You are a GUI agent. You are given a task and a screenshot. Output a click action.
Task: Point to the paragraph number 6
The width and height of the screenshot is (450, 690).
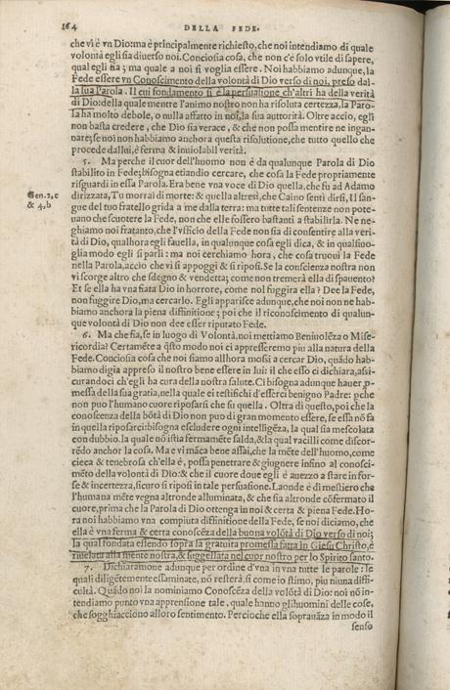pyautogui.click(x=87, y=334)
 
